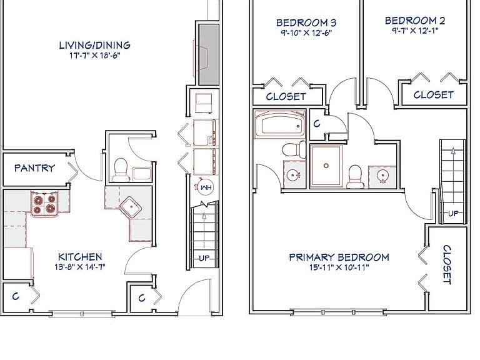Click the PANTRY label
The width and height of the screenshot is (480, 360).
click(x=34, y=167)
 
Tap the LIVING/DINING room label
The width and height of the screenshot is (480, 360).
click(x=94, y=45)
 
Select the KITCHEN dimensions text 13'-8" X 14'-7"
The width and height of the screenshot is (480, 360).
click(x=80, y=267)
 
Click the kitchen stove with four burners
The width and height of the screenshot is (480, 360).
click(x=45, y=204)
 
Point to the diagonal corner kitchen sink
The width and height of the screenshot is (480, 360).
click(x=131, y=208)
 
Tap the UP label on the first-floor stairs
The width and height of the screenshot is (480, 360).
click(x=204, y=258)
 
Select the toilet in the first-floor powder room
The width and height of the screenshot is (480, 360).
click(x=120, y=170)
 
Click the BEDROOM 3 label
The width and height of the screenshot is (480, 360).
click(x=306, y=22)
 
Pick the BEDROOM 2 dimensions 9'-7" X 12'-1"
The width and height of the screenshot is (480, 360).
click(x=415, y=31)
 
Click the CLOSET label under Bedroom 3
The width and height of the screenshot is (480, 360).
click(x=286, y=96)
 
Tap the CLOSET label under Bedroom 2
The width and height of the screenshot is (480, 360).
click(x=434, y=94)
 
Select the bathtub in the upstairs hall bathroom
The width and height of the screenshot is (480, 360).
click(x=280, y=124)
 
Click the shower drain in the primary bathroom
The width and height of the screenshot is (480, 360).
click(x=326, y=166)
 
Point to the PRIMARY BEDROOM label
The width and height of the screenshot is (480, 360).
click(x=339, y=257)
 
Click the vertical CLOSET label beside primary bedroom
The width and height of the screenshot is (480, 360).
click(x=447, y=265)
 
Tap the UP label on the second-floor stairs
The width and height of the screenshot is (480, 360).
click(x=453, y=213)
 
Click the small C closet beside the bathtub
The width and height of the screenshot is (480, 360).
click(x=317, y=124)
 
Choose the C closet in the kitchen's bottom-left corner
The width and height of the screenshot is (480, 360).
click(x=16, y=296)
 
